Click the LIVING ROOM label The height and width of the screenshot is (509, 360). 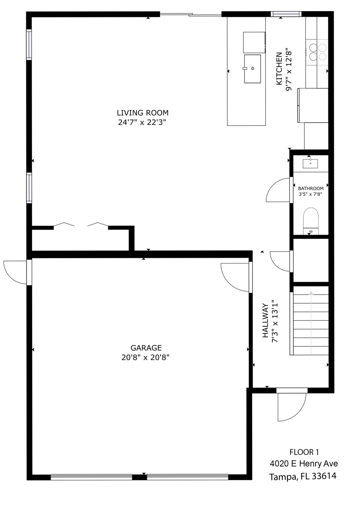[143, 113]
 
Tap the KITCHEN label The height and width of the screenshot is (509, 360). [279, 69]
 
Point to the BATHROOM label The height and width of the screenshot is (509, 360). [311, 188]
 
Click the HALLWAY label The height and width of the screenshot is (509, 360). [265, 320]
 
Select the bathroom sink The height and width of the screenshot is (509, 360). [310, 163]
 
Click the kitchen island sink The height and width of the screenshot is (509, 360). [252, 69]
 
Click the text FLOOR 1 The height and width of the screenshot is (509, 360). [304, 452]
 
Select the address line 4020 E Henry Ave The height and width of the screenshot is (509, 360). [304, 464]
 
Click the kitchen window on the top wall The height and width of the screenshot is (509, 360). [286, 14]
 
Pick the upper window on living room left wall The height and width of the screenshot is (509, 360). [29, 44]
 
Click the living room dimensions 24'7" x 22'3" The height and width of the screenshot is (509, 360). [142, 122]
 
